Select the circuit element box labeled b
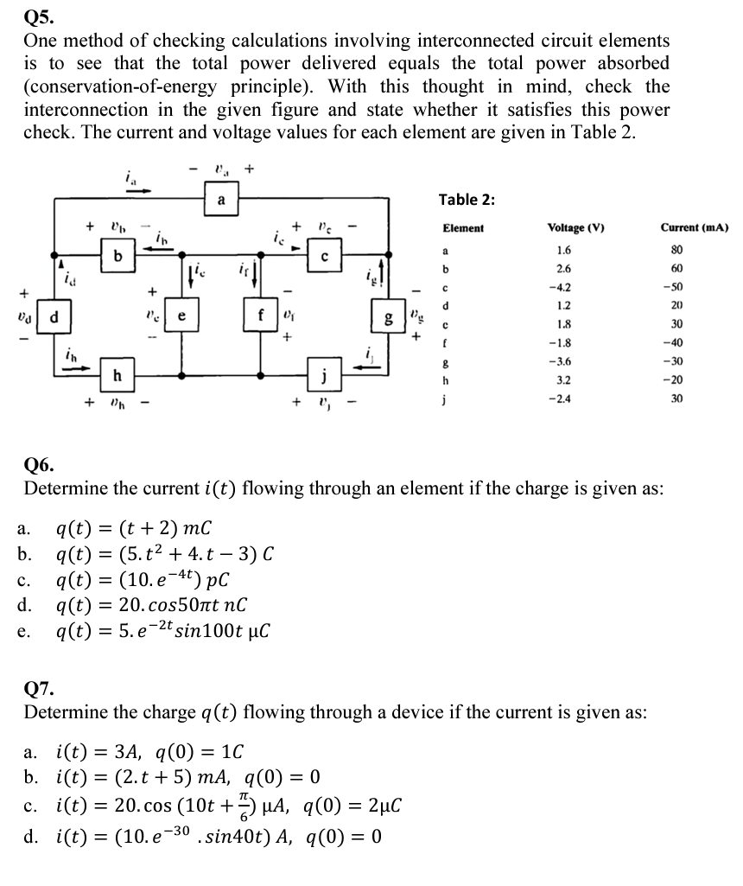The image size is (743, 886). tap(118, 257)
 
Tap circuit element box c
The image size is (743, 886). tap(322, 257)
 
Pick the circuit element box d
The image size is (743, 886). tap(54, 316)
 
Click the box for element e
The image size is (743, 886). tap(181, 316)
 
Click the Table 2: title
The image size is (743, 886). tap(467, 200)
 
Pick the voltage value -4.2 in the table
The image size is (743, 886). tap(563, 288)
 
